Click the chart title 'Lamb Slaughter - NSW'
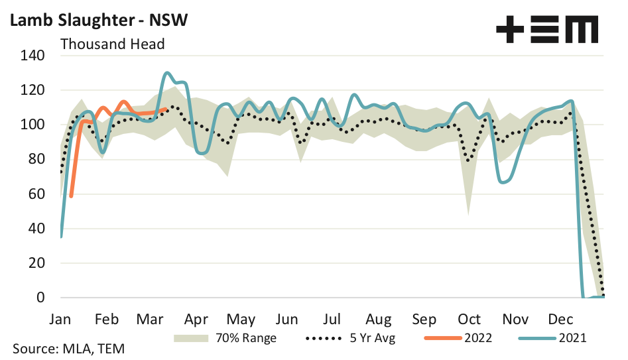(x=98, y=20)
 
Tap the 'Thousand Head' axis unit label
(x=112, y=44)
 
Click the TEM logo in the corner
(x=547, y=30)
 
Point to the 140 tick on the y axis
(x=32, y=56)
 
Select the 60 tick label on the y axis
(x=36, y=194)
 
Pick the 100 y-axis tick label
(x=32, y=125)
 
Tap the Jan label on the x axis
(x=60, y=318)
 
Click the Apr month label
(x=196, y=318)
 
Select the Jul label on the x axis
(x=334, y=318)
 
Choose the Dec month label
(x=561, y=318)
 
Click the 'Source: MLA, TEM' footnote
(x=68, y=348)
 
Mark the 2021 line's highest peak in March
(x=167, y=73)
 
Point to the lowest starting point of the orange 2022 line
(x=71, y=196)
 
